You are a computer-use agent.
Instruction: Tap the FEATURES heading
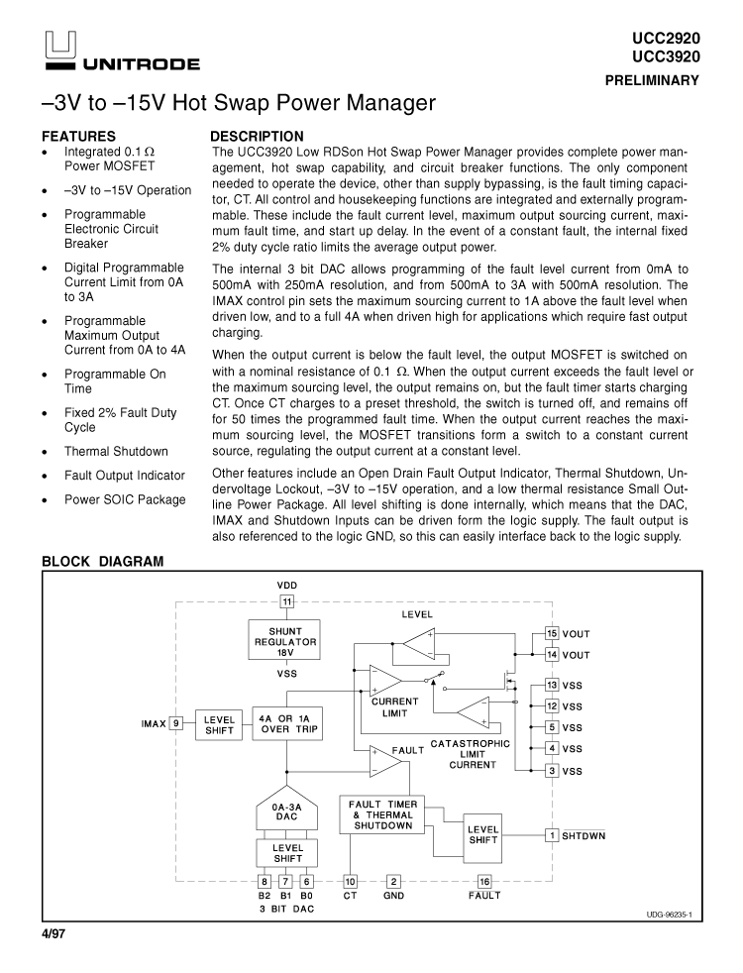coord(78,137)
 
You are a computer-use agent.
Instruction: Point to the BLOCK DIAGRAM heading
coord(102,562)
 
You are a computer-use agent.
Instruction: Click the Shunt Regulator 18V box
coord(285,641)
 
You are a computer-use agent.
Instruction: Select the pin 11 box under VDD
coord(287,600)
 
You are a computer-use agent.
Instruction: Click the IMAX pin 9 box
coord(175,723)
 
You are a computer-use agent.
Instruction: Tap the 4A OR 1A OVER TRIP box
coord(288,723)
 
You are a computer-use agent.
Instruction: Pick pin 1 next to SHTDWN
coord(553,835)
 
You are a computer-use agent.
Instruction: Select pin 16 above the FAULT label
coord(484,881)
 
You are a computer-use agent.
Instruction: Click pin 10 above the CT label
coord(350,881)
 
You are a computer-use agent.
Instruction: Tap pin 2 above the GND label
coord(393,881)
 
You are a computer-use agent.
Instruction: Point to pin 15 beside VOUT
coord(553,633)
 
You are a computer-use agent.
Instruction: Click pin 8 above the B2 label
coord(265,881)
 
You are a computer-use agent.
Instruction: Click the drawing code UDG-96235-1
coord(661,915)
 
